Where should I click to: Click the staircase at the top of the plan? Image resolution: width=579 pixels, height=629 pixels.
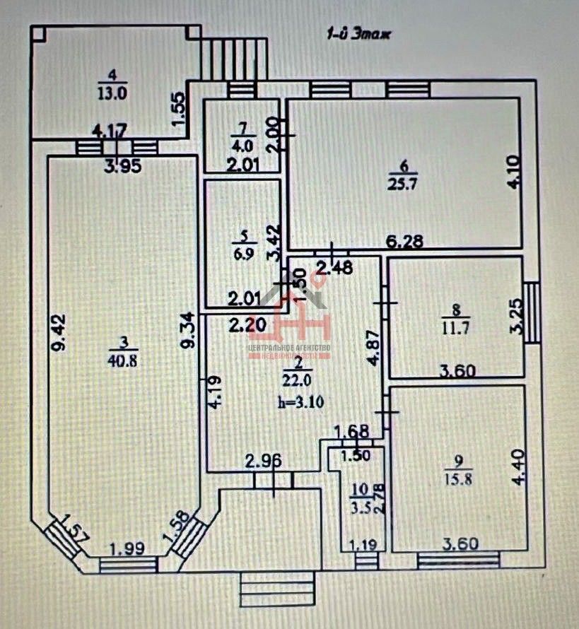pos(233,60)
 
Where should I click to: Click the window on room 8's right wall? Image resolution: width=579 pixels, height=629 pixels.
pos(531,312)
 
